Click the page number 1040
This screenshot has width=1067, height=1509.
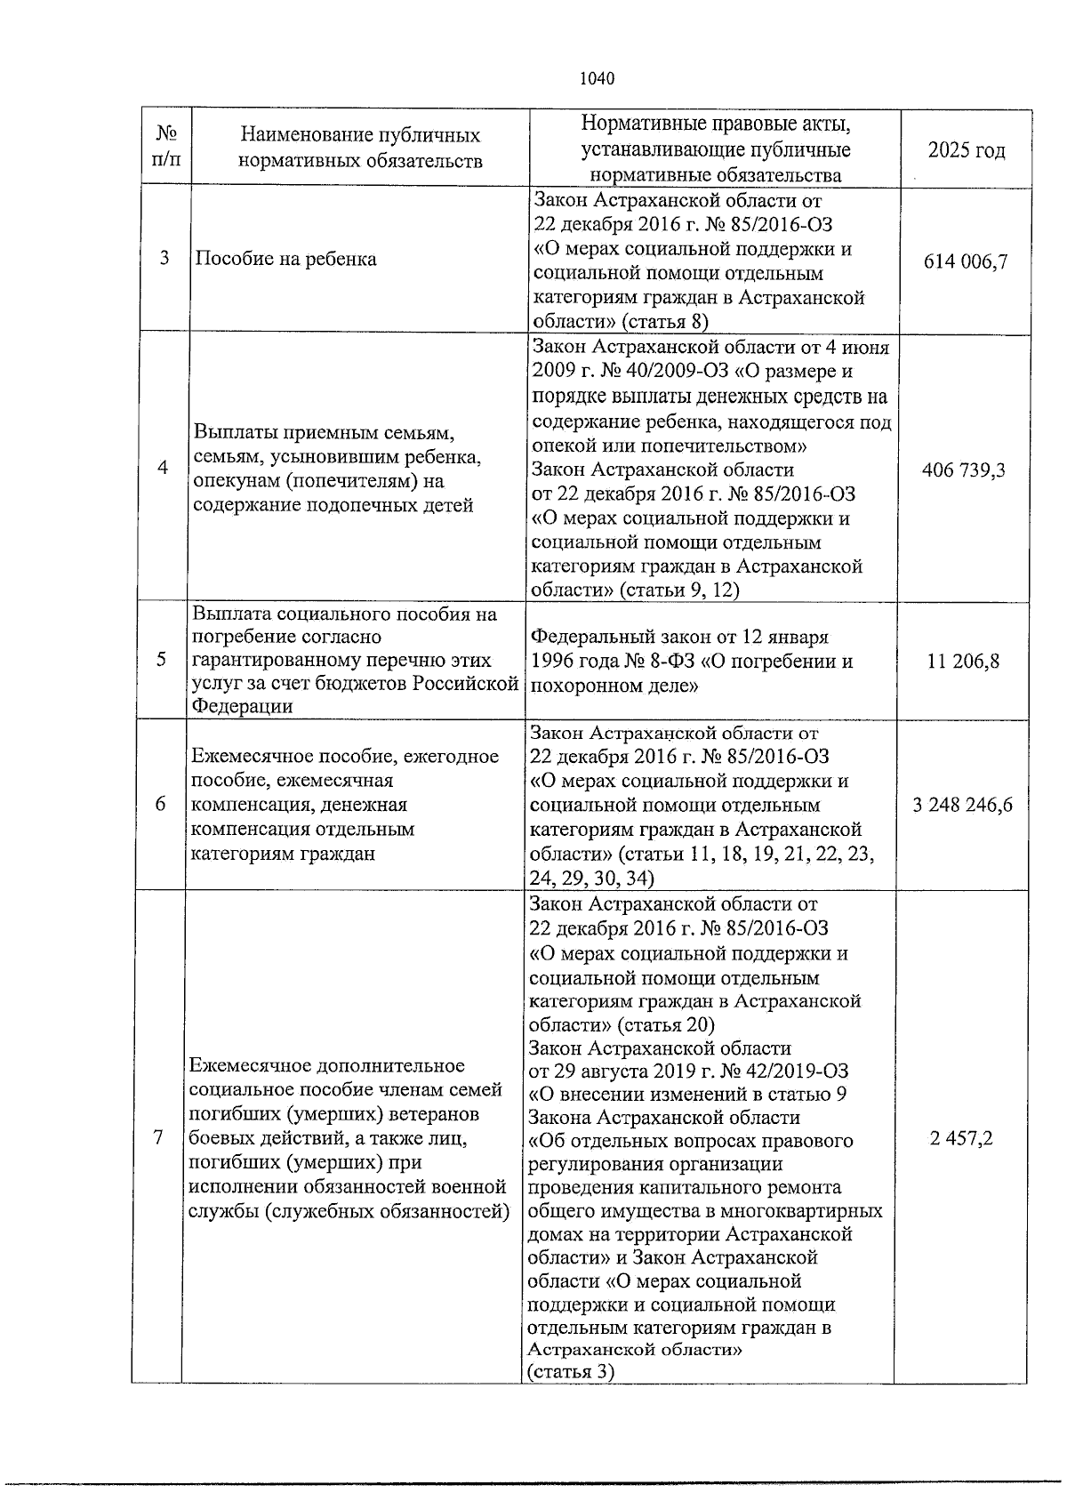point(597,78)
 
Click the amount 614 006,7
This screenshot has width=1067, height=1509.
point(966,261)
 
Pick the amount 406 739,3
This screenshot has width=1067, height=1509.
point(965,470)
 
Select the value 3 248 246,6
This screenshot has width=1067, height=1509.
point(962,806)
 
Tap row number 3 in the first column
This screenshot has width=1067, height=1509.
point(164,259)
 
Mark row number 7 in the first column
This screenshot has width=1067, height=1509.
point(158,1139)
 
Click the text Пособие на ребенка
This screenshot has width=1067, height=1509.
point(285,260)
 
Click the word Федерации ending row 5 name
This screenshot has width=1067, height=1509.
point(242,707)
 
